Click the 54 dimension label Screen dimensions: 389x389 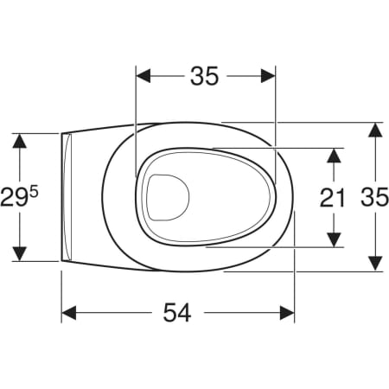coord(177,313)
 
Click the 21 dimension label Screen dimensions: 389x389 coord(332,198)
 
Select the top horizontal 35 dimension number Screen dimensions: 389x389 coord(205,76)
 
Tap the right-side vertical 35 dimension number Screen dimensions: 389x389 coord(375,197)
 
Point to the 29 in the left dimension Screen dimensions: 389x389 coord(14,198)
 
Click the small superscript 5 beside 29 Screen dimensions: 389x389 coord(34,192)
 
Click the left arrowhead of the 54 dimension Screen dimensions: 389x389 coord(69,313)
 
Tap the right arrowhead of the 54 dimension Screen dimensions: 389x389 coord(287,313)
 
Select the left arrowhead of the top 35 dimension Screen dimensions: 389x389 coord(143,76)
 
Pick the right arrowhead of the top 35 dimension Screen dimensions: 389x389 coord(268,76)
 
